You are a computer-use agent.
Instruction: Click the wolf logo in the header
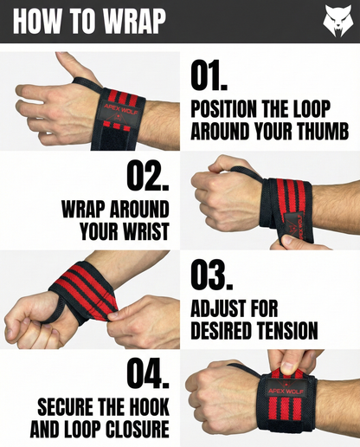click(337, 21)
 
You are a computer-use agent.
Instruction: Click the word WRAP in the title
click(134, 22)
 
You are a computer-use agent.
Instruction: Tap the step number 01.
click(209, 75)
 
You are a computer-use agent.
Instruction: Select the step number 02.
click(148, 175)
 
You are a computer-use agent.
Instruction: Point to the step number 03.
click(212, 275)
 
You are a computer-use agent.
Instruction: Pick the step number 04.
click(148, 373)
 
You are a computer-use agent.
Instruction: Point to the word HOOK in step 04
click(149, 407)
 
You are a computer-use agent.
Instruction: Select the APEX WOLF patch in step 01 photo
click(120, 112)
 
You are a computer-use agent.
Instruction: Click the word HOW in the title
click(37, 22)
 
